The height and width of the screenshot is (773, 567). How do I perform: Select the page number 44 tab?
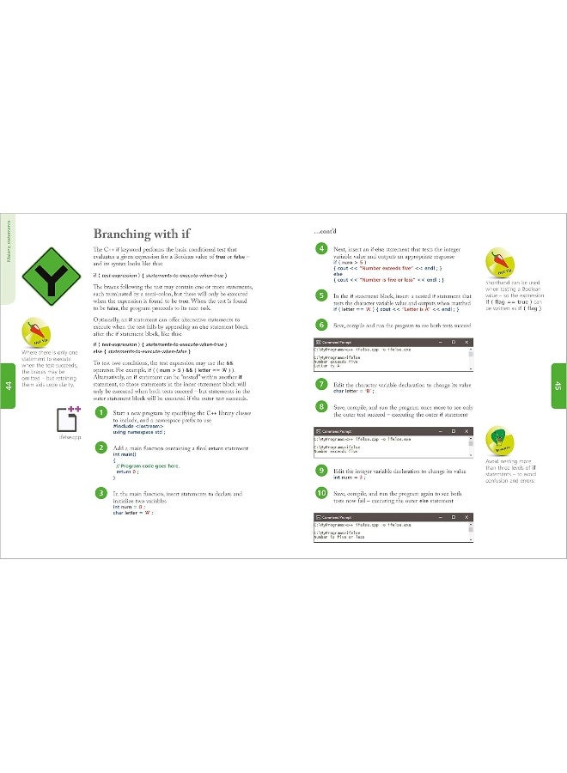tap(8, 386)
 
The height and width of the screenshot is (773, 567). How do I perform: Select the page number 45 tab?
tap(558, 386)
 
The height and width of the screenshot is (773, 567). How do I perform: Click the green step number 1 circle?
tap(101, 413)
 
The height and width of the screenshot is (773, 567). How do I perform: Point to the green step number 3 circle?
tap(101, 493)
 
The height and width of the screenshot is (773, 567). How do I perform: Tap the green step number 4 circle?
tap(320, 248)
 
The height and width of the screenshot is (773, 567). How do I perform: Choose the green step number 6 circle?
tap(320, 325)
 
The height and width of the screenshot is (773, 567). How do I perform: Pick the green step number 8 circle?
tap(320, 406)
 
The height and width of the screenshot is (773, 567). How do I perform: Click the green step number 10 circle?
tap(320, 494)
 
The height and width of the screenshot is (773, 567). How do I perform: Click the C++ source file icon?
tap(69, 419)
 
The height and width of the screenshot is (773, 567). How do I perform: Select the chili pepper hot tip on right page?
tap(503, 261)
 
